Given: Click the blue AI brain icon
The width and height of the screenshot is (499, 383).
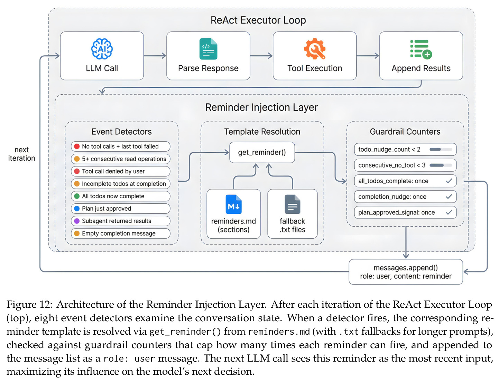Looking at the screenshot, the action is [x=102, y=49].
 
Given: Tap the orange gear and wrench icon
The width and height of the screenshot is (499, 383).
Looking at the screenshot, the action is [x=315, y=49].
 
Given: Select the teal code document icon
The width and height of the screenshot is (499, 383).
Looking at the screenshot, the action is [x=208, y=49].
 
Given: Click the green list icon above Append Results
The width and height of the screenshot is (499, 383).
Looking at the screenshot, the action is [x=421, y=49].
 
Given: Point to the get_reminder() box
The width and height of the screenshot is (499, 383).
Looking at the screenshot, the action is [x=262, y=152].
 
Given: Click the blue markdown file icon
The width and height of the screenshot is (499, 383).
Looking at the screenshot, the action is [x=233, y=204].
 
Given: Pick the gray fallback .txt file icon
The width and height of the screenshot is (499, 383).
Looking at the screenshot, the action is [x=292, y=204].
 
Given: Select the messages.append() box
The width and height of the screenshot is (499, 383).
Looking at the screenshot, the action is [x=406, y=272].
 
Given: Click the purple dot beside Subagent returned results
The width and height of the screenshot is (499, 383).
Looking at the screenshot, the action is [x=77, y=221].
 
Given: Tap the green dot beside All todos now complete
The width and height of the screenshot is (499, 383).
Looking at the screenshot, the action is [x=77, y=196].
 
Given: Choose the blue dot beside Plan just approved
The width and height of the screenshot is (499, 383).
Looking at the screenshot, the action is [x=77, y=209].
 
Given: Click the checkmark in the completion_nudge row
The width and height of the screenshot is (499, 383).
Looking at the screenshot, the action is [x=449, y=197].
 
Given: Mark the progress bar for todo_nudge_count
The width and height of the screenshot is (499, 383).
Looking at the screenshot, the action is [x=441, y=149].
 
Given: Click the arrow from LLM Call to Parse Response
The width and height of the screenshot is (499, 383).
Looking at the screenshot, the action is [x=155, y=56].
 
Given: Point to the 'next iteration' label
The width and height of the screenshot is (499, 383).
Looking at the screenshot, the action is [x=21, y=154].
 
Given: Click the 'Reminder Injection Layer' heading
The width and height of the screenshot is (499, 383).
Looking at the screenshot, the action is [x=261, y=107].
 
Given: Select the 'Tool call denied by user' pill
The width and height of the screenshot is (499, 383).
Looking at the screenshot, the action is [x=121, y=171].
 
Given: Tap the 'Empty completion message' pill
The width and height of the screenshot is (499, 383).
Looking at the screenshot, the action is [x=121, y=233].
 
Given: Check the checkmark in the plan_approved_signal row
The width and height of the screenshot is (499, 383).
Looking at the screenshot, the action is [x=449, y=212].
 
